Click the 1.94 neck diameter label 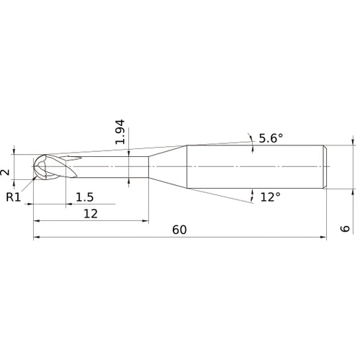[121, 131]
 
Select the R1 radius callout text [14, 196]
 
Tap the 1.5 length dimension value [84, 196]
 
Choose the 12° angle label [270, 197]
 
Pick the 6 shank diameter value [346, 228]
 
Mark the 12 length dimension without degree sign [90, 213]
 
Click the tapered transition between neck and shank [168, 168]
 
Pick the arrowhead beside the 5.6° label [250, 137]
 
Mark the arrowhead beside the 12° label [252, 193]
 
